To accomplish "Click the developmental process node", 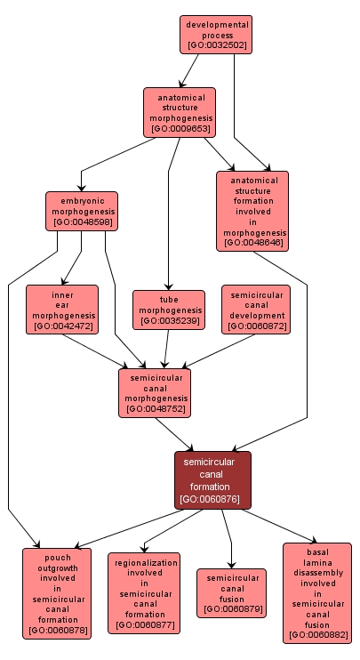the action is [216, 35].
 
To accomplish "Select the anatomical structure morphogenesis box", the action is [180, 112].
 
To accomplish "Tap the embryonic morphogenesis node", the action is [82, 212].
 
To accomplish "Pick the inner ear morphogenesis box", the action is [62, 310].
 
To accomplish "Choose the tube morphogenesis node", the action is [169, 310].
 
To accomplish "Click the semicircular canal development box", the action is [256, 310].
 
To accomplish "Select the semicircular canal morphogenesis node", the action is [155, 393].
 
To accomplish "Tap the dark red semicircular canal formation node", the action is [212, 480].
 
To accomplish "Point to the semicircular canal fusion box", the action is [232, 593].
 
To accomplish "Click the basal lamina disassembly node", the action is [317, 593].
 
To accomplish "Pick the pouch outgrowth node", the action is [57, 593].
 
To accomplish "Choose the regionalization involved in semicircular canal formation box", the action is [144, 593].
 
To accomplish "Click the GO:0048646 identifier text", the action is [252, 243].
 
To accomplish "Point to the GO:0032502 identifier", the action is [216, 45].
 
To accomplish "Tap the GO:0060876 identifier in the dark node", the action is [210, 499].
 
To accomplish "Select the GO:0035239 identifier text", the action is [169, 321].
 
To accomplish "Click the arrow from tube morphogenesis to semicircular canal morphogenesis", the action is [166, 349].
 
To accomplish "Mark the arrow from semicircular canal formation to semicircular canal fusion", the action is [228, 539].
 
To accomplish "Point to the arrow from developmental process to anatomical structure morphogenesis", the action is [188, 71].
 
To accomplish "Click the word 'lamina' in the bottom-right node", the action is [317, 562].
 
